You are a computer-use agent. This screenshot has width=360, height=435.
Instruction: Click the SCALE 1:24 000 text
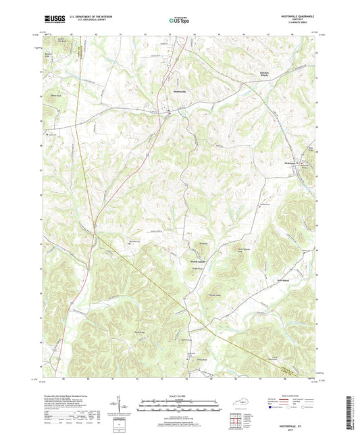179,396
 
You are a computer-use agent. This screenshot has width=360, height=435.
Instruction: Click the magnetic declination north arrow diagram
128,404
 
